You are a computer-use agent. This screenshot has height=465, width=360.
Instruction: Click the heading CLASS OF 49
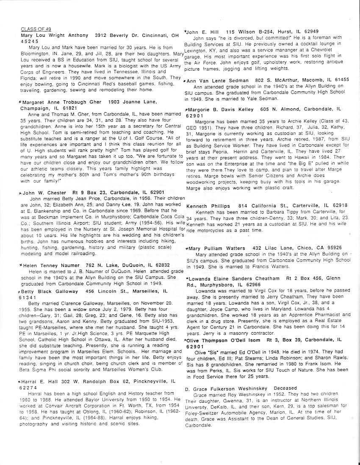click(x=36, y=29)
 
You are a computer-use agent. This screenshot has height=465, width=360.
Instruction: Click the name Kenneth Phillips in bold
click(x=207, y=206)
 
